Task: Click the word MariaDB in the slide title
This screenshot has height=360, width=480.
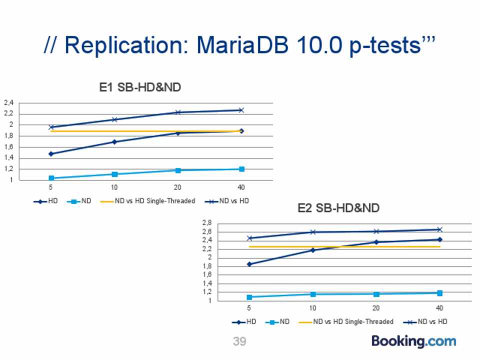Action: point(242,45)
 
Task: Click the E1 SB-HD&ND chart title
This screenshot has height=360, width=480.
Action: point(140,87)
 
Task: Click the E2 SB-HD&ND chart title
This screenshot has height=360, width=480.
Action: point(338,208)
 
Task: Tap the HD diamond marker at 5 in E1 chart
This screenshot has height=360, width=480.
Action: point(51,153)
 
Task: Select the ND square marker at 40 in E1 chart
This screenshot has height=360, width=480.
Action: point(241,169)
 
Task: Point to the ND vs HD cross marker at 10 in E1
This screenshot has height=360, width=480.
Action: point(114,119)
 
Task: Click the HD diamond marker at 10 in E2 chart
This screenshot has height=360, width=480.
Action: point(313,250)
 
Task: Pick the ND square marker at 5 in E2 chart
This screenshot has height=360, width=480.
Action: point(249,297)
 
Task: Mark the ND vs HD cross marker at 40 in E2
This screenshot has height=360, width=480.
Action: point(439,229)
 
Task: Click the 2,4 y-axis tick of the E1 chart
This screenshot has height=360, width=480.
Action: point(9,103)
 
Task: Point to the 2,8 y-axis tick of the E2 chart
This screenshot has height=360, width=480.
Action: point(207,223)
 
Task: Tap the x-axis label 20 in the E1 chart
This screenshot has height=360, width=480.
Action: point(177,187)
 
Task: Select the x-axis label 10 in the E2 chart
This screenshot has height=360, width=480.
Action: point(312,307)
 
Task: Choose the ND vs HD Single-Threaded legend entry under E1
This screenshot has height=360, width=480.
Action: point(147,201)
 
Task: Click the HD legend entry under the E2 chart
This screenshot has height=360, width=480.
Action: point(244,321)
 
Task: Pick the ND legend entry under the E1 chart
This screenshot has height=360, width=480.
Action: point(79,201)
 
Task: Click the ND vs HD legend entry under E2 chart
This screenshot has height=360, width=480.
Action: point(425,321)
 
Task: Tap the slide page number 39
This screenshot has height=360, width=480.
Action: point(239,341)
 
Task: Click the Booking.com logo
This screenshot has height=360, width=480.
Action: point(414,341)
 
